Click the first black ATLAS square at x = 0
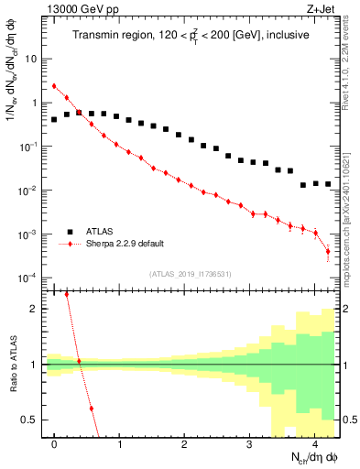pyautogui.click(x=54, y=119)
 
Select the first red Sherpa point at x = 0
pyautogui.click(x=54, y=86)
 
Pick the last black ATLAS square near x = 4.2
pyautogui.click(x=327, y=184)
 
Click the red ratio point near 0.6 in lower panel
pyautogui.click(x=92, y=409)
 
